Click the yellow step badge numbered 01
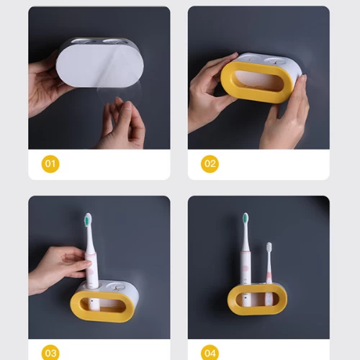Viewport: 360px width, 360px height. (50, 164)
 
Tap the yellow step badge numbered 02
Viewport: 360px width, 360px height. (210, 164)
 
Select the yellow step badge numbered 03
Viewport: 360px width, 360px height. (50, 353)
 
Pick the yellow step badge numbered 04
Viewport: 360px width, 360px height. (210, 353)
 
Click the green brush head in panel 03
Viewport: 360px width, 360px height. (89, 220)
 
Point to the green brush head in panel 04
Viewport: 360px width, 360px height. (246, 219)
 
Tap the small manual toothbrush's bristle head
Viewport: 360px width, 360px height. (269, 247)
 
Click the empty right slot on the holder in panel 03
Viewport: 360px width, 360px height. (115, 286)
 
